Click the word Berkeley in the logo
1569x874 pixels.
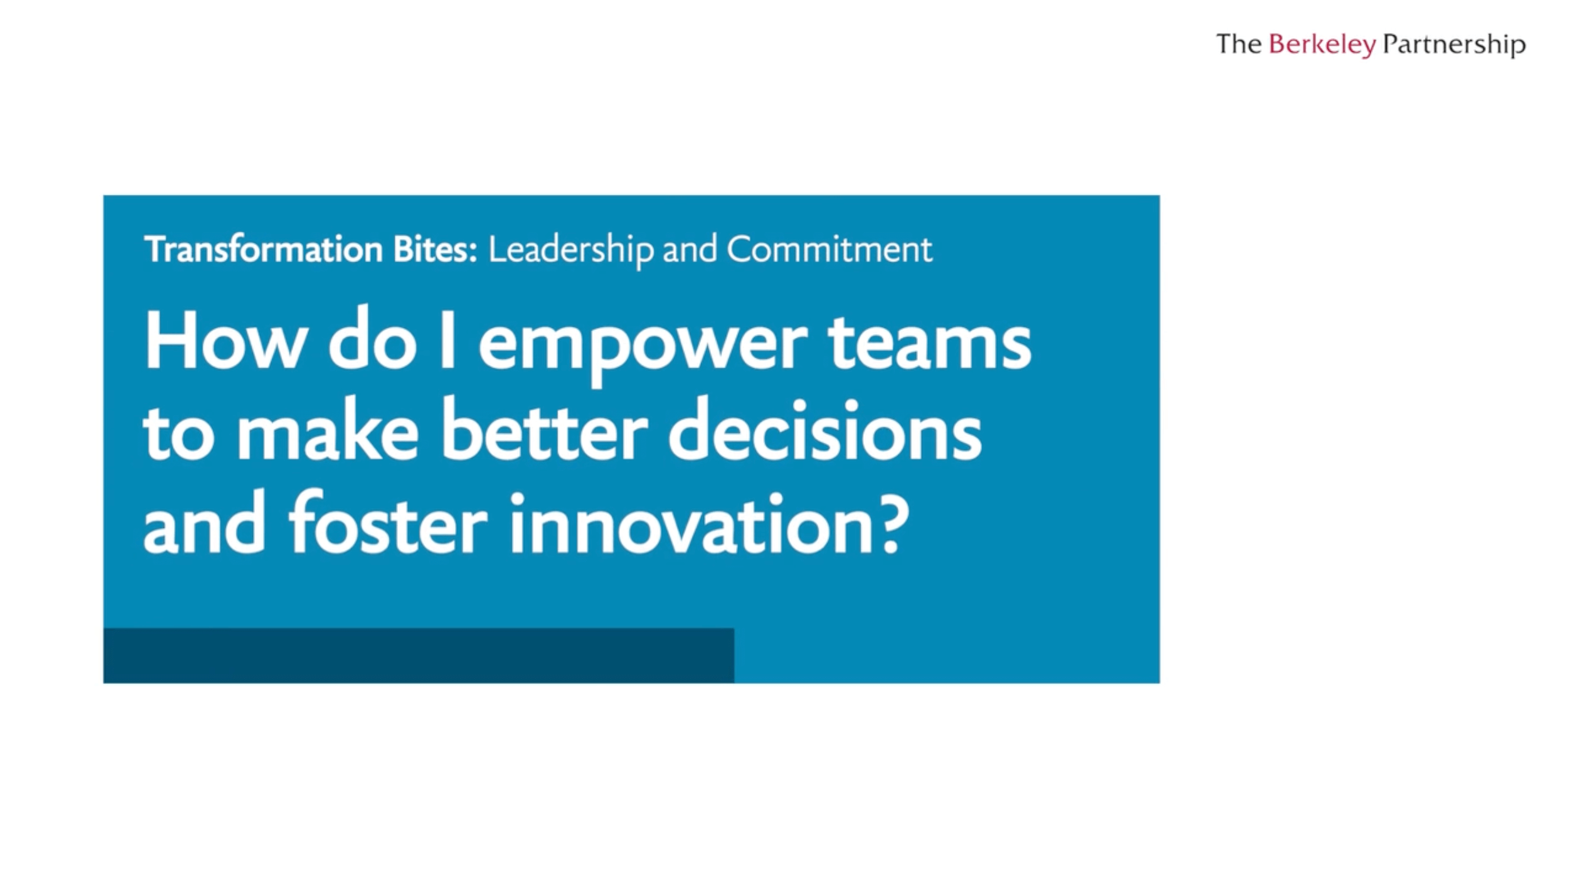[x=1322, y=44]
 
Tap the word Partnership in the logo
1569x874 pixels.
[x=1454, y=44]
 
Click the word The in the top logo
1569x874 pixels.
[x=1239, y=44]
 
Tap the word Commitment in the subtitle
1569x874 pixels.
[x=829, y=249]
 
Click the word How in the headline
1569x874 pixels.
[x=224, y=340]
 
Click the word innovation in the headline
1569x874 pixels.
[x=693, y=523]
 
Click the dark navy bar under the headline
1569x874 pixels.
[x=418, y=655]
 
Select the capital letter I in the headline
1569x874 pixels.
[x=448, y=340]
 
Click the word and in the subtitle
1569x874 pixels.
[x=690, y=249]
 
